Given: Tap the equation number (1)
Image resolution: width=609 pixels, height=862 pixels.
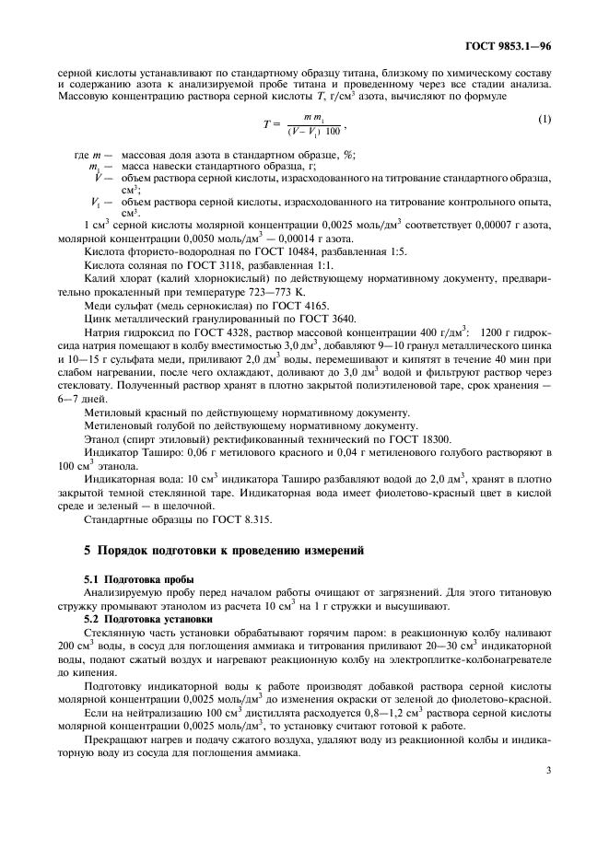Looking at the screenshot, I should (544, 119).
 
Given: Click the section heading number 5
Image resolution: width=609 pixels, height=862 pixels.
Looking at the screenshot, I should (88, 550).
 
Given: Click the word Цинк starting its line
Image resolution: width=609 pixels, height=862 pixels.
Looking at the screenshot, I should (99, 318).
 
